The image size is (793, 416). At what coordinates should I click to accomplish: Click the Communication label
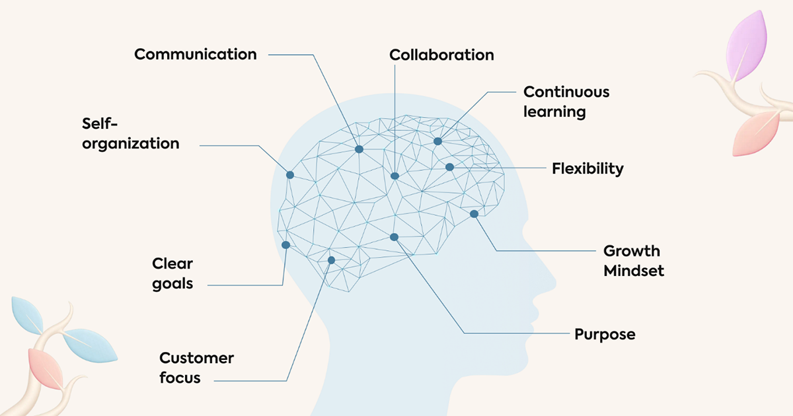[195, 54]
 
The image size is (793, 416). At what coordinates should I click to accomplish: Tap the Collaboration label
[441, 55]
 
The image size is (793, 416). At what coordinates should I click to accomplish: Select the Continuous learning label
[566, 102]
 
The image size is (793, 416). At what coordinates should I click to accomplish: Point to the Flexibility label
[587, 168]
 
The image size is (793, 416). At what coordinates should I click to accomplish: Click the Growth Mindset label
[633, 261]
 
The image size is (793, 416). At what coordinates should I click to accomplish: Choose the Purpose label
[605, 334]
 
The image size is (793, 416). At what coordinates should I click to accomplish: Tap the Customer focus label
[196, 368]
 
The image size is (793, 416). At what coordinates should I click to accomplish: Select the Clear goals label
[172, 273]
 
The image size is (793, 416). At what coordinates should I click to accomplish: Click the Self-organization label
[130, 133]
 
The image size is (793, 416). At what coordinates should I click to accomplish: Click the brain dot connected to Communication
[359, 149]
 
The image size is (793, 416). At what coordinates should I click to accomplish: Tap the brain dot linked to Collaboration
[395, 176]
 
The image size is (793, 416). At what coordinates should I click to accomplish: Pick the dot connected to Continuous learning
[437, 141]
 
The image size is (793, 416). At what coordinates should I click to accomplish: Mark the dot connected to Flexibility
[449, 167]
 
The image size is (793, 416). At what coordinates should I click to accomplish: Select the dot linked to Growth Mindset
[474, 214]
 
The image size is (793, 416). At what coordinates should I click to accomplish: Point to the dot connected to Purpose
[394, 237]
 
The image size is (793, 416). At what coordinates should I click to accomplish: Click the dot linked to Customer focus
[332, 260]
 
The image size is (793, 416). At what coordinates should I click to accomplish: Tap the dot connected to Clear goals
[286, 245]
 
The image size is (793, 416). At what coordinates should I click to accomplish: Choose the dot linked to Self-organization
[289, 175]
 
